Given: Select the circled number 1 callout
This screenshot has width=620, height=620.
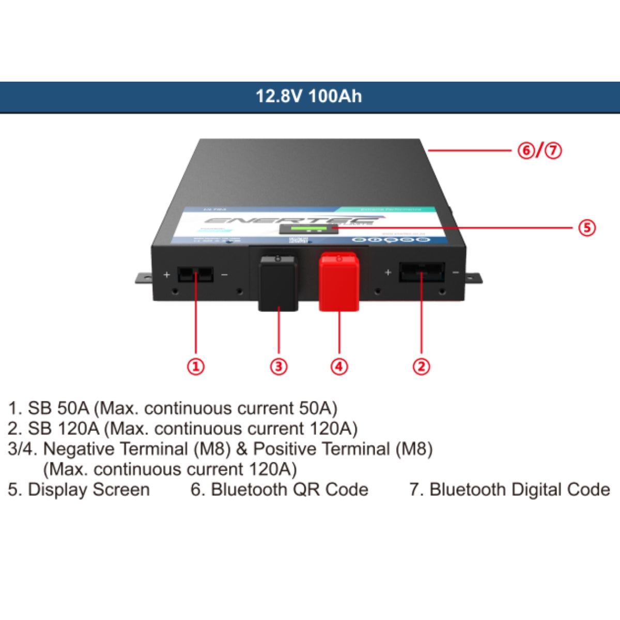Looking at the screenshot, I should [x=195, y=366].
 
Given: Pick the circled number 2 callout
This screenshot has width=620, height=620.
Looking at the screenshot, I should [x=421, y=366].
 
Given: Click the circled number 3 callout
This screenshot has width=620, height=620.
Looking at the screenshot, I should [x=278, y=366].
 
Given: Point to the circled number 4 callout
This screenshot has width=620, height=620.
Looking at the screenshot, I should [x=339, y=366].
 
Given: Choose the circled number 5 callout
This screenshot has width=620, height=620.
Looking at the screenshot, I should [x=586, y=227].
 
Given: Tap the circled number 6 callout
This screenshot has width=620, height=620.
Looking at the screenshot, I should [x=526, y=150].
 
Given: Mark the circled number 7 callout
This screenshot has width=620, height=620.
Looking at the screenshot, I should [x=553, y=150].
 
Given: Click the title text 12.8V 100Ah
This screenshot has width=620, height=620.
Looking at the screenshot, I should [x=309, y=96].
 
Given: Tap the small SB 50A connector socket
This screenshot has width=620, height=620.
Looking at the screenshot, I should [x=195, y=274].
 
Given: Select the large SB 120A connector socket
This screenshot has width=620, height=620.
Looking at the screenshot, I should [x=421, y=272].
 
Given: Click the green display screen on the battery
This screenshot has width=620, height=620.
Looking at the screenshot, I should [x=309, y=228].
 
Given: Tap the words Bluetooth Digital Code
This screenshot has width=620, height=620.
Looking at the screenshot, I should [x=519, y=489].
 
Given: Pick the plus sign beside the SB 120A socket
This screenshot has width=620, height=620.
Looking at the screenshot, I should [x=388, y=272].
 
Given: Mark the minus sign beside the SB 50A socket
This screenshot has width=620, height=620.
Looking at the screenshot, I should [x=224, y=275].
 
